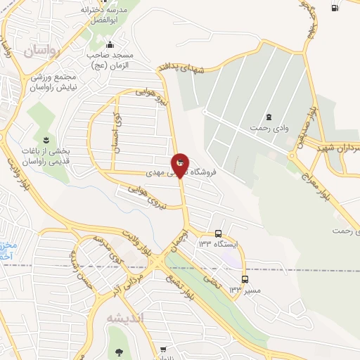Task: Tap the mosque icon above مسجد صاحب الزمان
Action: pos(110,44)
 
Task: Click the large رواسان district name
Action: pos(44,49)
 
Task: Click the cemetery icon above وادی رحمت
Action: pos(268,116)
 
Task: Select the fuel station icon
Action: pos(334,8)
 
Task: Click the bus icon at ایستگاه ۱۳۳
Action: pos(219,233)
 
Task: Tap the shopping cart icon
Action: pos(163,349)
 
